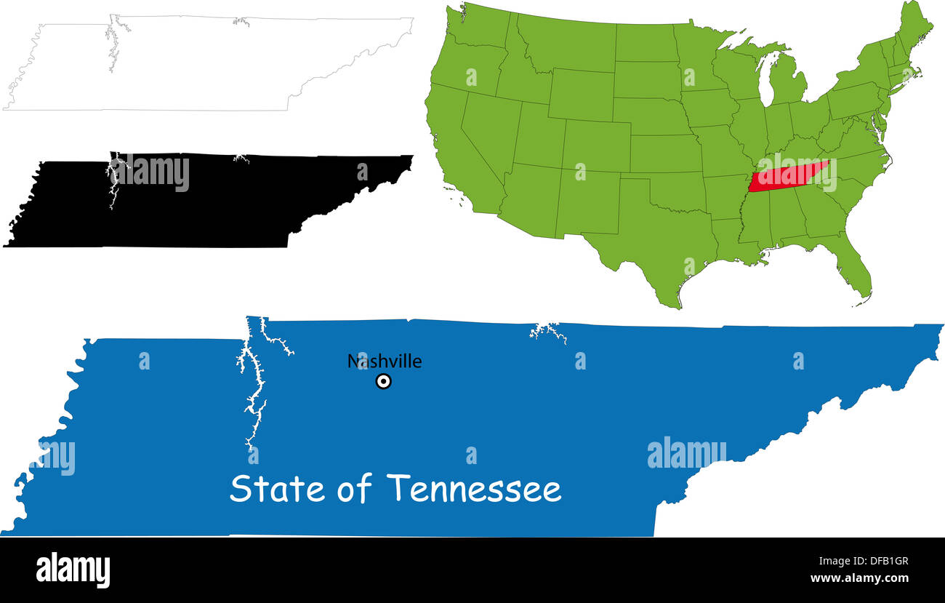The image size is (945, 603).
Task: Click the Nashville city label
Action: (384, 362)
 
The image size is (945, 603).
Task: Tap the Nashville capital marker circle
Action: (383, 381)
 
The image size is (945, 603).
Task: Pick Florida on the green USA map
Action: (854, 265)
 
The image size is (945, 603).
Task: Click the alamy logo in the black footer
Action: (73, 570)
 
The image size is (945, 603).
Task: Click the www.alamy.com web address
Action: (859, 578)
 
